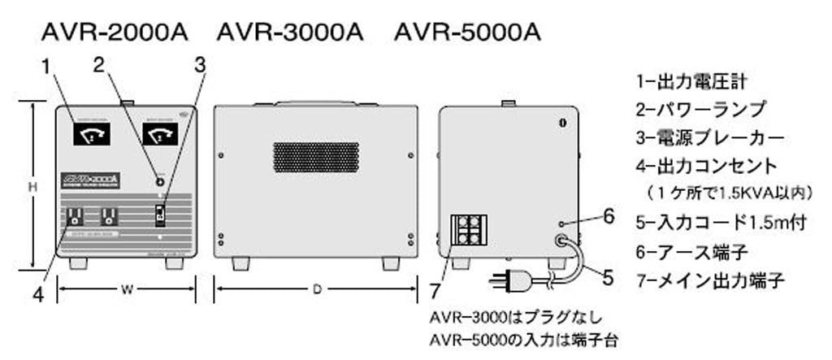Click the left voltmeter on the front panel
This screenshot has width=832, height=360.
93,133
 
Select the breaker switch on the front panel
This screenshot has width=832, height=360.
161,215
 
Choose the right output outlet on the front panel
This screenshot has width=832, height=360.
108,217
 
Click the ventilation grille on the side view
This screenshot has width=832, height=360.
316,157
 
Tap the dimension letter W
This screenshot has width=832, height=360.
126,288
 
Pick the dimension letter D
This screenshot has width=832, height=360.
316,288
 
